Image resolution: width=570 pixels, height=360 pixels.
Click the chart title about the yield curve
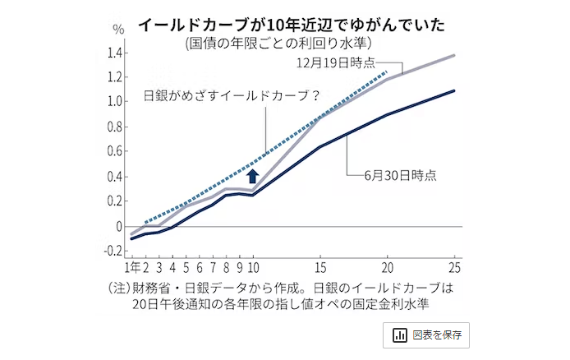291,25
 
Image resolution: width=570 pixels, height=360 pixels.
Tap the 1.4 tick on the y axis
114,53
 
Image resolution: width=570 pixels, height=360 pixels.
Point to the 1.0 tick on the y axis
114,102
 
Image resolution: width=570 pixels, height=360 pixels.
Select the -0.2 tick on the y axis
112,251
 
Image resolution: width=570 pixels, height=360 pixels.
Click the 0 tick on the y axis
120,226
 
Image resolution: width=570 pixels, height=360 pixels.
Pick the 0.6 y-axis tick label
114,152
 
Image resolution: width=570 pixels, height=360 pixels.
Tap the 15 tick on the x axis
320,268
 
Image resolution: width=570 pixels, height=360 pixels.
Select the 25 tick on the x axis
454,268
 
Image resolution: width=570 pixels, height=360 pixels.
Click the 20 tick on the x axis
387,268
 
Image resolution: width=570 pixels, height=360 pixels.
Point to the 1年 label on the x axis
132,268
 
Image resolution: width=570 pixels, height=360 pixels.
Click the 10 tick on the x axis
254,268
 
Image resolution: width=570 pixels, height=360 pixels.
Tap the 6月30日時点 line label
401,175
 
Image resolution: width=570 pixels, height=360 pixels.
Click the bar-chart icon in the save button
401,335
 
